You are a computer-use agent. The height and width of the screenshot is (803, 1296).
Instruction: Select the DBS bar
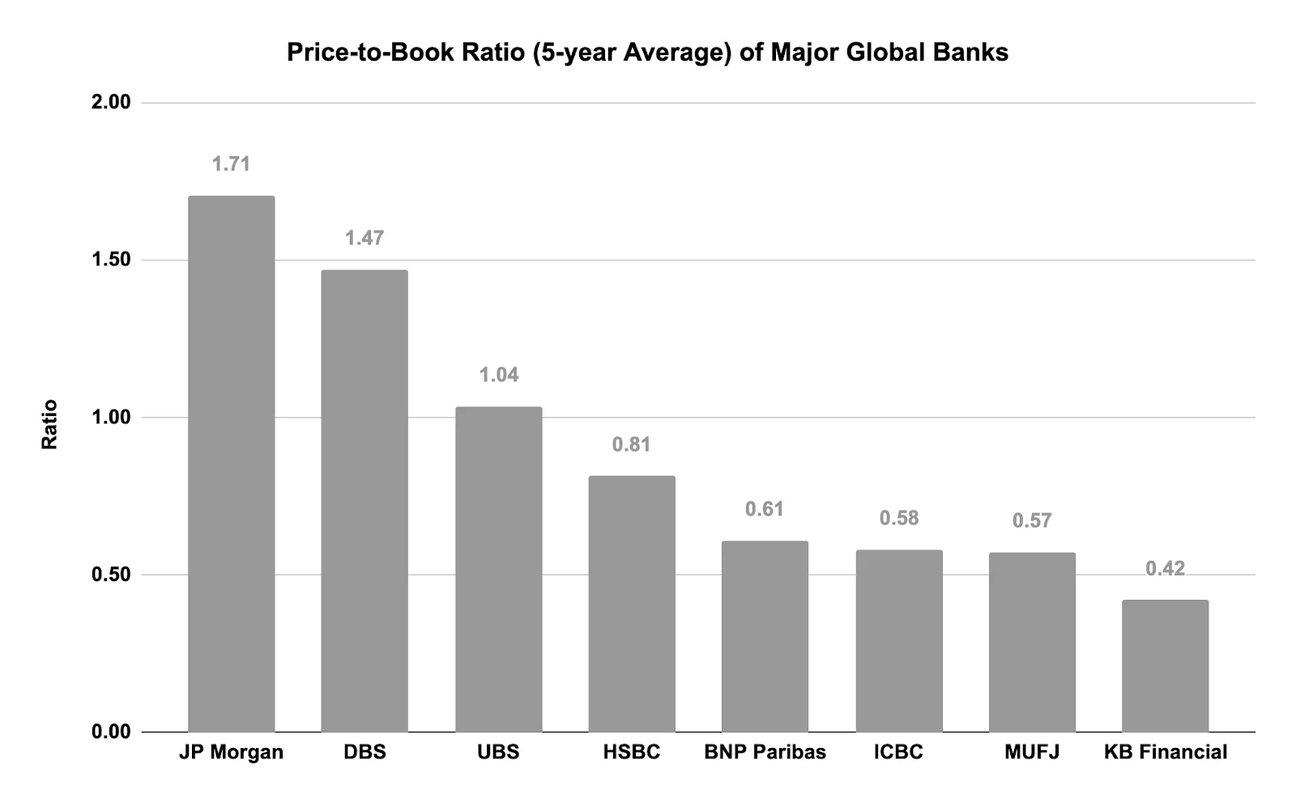(364, 501)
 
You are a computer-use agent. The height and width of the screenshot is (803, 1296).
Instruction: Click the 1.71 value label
(231, 164)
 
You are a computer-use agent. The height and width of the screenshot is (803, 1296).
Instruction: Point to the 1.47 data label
(364, 238)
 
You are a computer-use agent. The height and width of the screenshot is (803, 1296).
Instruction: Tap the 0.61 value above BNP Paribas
(765, 509)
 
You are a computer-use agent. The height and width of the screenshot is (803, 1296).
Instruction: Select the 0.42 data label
(1165, 569)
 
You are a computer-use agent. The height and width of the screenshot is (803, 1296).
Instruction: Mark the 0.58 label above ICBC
(899, 518)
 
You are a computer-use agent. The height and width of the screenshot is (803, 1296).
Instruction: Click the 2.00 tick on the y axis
(111, 102)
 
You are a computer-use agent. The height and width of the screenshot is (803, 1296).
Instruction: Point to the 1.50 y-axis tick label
(111, 260)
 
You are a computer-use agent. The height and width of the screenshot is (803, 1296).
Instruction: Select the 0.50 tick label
(111, 575)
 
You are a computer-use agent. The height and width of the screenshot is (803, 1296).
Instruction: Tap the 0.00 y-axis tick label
(111, 732)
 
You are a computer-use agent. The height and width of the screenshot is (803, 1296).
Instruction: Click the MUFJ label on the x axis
(1032, 752)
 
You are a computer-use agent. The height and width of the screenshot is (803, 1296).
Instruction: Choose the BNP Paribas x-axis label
(765, 752)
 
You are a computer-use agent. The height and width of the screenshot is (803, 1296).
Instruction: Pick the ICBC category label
(898, 752)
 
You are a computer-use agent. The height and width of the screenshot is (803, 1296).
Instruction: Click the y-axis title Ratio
(50, 424)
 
